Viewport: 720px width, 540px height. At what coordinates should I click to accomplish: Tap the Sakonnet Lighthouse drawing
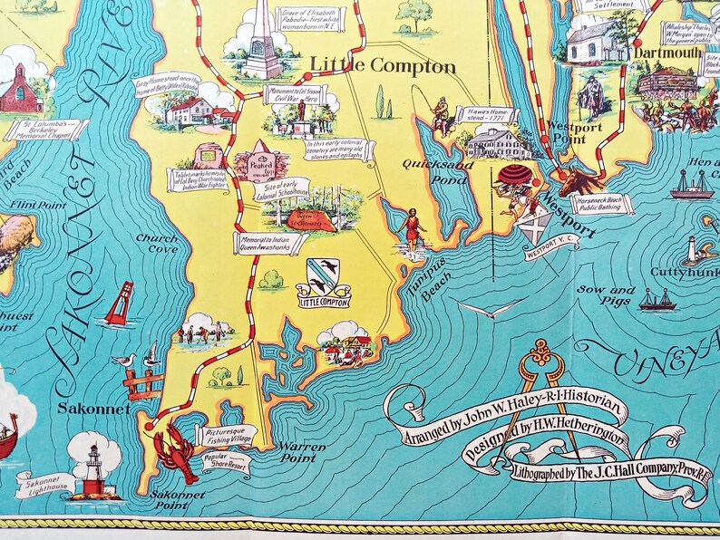[x=93, y=468]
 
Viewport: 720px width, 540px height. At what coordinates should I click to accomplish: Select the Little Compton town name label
[x=383, y=67]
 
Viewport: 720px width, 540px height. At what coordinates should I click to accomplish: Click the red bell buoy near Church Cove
[x=119, y=305]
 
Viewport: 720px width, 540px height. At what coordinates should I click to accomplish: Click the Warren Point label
[x=300, y=448]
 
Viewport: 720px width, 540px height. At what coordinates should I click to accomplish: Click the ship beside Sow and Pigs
[x=657, y=300]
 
